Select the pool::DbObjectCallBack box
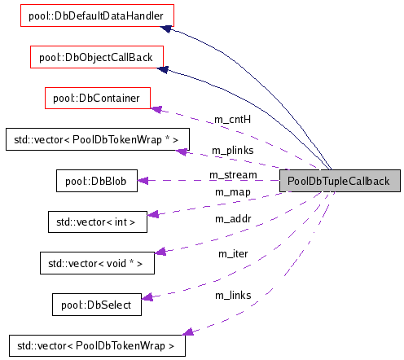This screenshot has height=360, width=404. pos(96,57)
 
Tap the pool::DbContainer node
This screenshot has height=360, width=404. pos(98,98)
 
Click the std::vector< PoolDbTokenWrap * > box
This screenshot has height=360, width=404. pos(91,139)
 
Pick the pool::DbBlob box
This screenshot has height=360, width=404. pos(96,180)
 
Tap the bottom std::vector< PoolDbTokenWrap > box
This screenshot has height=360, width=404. pos(96,345)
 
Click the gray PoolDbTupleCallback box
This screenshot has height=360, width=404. pos(339,181)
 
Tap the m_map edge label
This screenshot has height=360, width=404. pos(231,191)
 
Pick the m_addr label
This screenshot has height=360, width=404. pos(231,219)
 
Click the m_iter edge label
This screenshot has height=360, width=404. pos(231,254)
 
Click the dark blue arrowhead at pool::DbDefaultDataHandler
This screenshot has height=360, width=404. pos(165,29)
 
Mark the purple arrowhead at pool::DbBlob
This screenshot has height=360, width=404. pos(143,181)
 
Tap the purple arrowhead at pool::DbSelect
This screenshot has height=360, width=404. pos(147,298)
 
